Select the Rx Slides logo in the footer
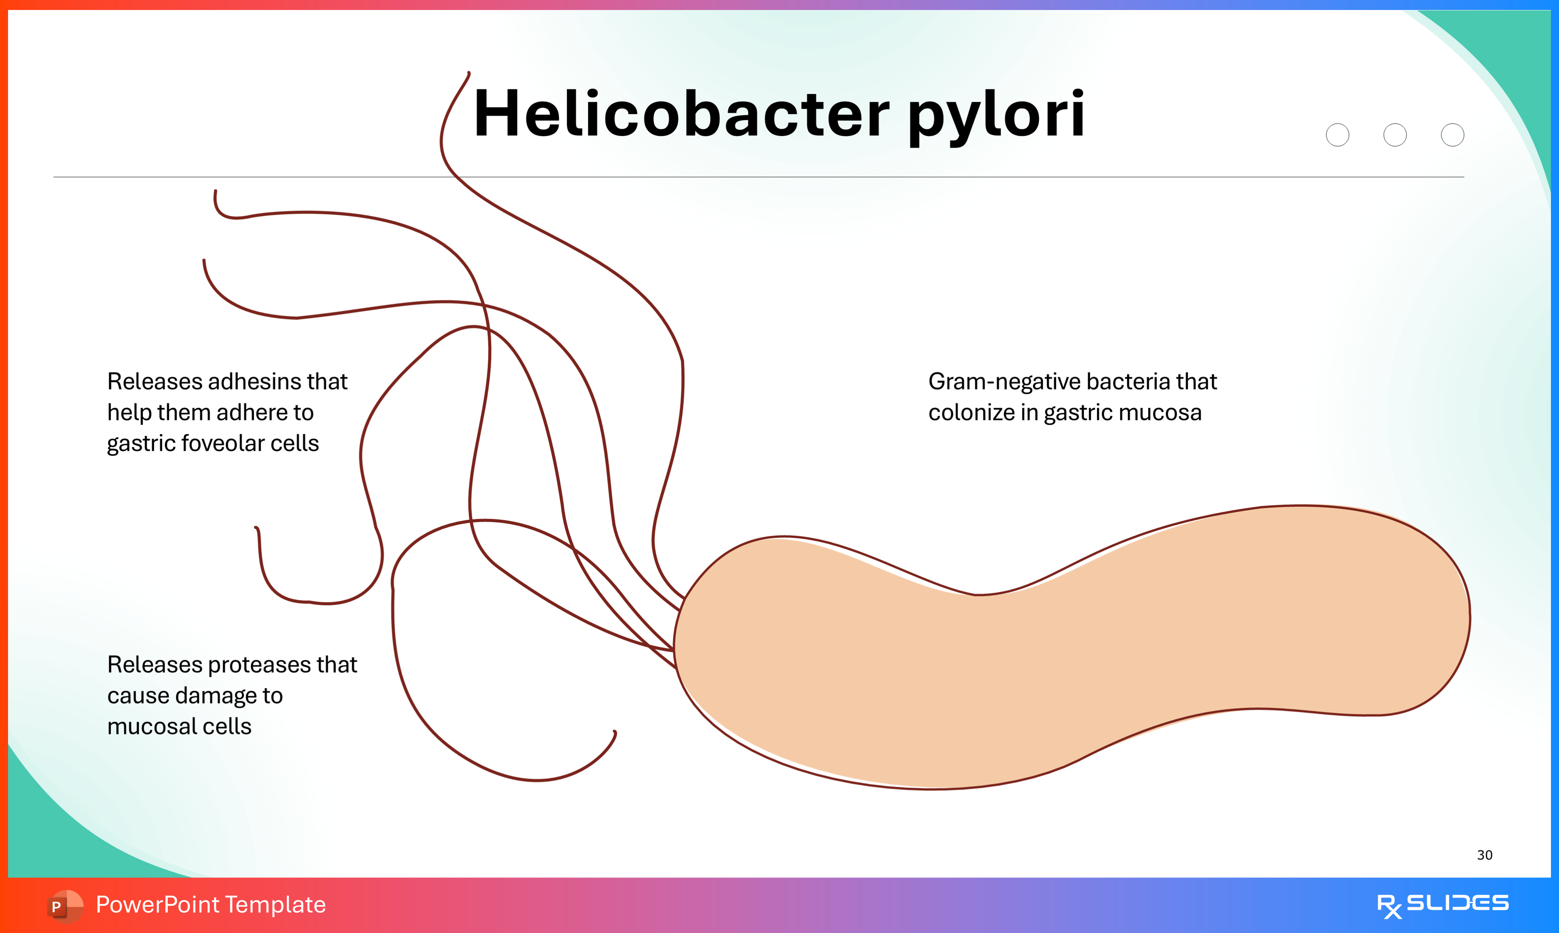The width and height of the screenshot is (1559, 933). [x=1442, y=905]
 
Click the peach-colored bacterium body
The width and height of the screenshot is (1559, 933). [x=1069, y=654]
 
